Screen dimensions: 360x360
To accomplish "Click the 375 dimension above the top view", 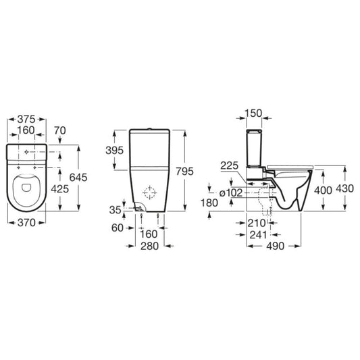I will click(x=26, y=115).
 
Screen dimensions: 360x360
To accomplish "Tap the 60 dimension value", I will click(x=117, y=228).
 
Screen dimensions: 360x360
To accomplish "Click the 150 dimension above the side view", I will click(x=254, y=112).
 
